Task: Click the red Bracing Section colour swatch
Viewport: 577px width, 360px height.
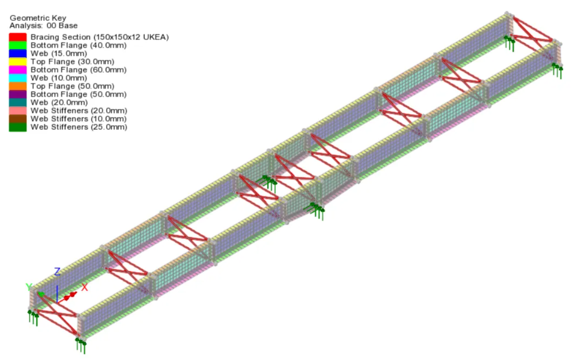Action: click(18, 37)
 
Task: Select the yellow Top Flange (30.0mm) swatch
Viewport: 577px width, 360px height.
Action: click(18, 62)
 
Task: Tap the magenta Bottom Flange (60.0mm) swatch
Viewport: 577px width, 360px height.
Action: click(18, 70)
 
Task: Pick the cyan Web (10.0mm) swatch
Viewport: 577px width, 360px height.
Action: click(18, 78)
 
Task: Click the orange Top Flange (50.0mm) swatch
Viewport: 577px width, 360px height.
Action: click(18, 86)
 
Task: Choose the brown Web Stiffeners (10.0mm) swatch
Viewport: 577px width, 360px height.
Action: click(18, 119)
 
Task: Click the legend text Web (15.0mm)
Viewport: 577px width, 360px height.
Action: click(59, 53)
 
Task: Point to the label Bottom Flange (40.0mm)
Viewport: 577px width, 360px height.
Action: click(79, 46)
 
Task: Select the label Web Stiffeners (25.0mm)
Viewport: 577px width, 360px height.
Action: click(79, 127)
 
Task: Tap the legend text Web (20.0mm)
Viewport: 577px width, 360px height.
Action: click(59, 103)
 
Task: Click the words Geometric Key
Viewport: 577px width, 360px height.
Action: click(38, 18)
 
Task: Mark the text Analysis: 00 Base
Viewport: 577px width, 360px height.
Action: click(44, 25)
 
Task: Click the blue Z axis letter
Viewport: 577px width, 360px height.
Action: click(57, 271)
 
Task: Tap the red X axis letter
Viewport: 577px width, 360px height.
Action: click(85, 287)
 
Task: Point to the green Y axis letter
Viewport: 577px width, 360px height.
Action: click(29, 287)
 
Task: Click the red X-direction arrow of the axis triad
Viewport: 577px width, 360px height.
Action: click(67, 297)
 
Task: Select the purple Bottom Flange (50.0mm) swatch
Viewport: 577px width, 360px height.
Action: click(18, 94)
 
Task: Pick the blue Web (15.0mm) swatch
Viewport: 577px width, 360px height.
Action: click(18, 53)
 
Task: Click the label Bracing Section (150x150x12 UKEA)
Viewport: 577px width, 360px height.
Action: click(100, 37)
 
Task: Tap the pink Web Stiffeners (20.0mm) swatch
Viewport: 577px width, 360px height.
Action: click(18, 111)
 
